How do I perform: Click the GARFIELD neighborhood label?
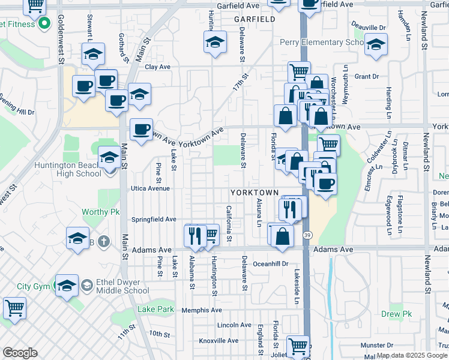[254, 19]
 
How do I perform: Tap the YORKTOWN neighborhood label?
[255, 193]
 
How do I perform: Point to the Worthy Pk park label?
[101, 212]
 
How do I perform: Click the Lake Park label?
[155, 310]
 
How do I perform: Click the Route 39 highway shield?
[307, 235]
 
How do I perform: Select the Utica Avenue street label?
[152, 188]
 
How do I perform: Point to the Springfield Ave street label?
[154, 219]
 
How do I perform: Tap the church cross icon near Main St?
[104, 242]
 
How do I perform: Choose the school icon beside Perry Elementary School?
[376, 45]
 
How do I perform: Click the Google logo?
[20, 353]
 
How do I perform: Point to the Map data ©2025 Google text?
[412, 355]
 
